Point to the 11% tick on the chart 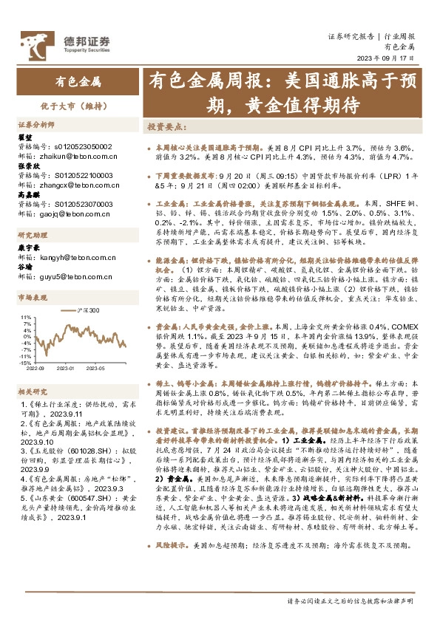tap(26, 317)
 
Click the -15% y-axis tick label tap(24, 363)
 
